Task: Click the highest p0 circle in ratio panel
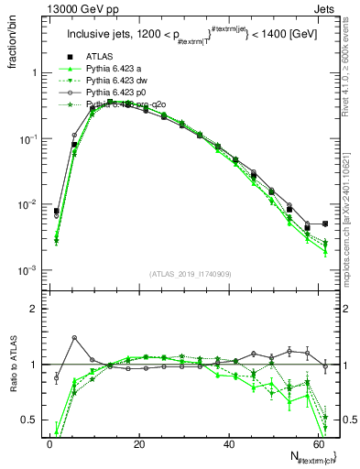74,338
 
